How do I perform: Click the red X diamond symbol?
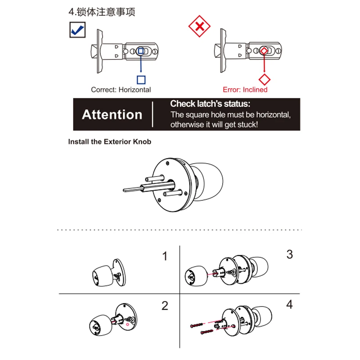click(199, 27)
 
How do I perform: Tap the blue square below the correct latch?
click(141, 80)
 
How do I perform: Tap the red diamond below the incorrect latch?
click(265, 80)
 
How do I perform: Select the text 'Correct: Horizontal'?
click(121, 90)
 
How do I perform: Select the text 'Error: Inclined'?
click(245, 90)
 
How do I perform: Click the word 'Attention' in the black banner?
click(112, 114)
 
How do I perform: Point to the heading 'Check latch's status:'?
click(213, 103)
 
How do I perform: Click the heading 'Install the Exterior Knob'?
click(110, 141)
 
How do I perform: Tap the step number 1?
click(165, 256)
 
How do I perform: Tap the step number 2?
click(165, 306)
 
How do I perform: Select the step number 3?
click(289, 254)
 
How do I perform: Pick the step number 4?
click(289, 305)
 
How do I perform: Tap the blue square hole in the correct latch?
click(140, 51)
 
